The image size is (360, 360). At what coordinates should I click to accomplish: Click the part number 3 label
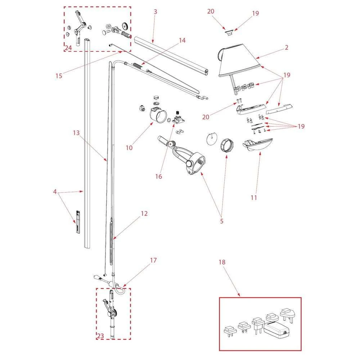coord(155,12)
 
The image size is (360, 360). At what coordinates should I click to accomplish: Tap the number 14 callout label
coord(182,40)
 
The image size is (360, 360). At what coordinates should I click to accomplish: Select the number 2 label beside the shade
coord(286,47)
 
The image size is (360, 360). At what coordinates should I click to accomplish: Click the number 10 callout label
coord(129,148)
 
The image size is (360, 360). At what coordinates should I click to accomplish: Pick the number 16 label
coord(158,176)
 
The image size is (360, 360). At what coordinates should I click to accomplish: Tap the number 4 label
coord(55,192)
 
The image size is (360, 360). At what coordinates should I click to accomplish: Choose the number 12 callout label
coord(144,213)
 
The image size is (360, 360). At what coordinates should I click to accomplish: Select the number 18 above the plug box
coord(222,262)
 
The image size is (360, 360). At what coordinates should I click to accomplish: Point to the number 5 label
coord(222,221)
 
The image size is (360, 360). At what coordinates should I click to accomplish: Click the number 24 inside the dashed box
coord(69,48)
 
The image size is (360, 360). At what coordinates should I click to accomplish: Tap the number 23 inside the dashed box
coord(100,336)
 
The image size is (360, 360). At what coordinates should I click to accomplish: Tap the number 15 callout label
coord(59,76)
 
